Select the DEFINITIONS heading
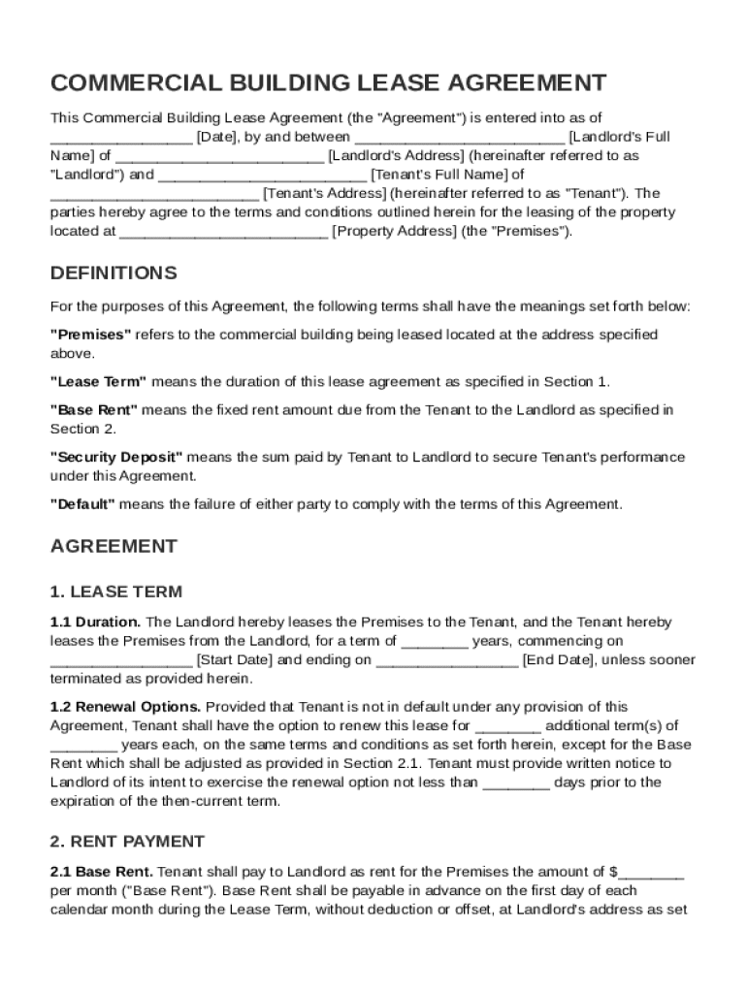[114, 272]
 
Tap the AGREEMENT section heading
[114, 546]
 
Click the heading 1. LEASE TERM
[115, 592]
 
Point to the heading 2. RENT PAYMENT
[127, 841]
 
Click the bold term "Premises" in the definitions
[90, 335]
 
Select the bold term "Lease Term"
[98, 381]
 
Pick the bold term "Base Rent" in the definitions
[94, 410]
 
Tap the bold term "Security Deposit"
[116, 457]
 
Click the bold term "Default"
[82, 504]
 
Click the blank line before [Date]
[121, 138]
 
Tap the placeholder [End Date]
[560, 659]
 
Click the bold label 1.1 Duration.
[95, 622]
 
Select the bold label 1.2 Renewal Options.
[125, 707]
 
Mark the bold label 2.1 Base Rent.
[101, 872]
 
